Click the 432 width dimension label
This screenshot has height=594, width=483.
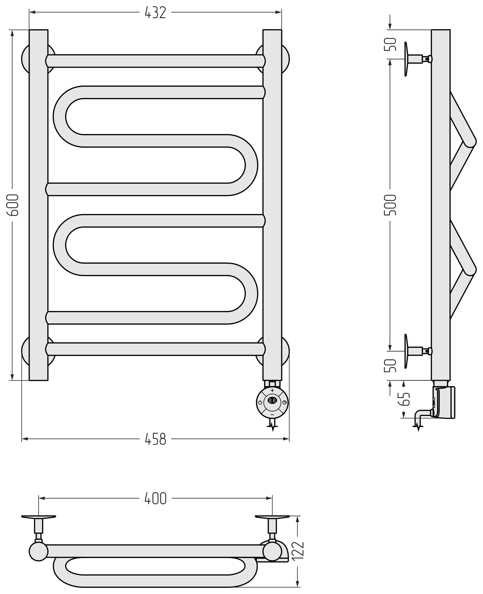tap(156, 13)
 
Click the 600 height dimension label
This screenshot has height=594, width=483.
tap(13, 205)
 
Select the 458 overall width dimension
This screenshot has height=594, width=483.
tap(156, 439)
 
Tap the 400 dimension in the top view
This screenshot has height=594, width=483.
tap(156, 498)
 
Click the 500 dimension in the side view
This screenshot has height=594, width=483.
tap(390, 205)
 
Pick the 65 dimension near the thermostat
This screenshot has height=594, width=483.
tap(404, 399)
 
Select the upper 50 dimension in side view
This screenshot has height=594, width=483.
tap(390, 44)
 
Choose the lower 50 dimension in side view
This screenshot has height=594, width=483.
tap(390, 366)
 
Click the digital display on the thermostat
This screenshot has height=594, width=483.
tap(272, 400)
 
